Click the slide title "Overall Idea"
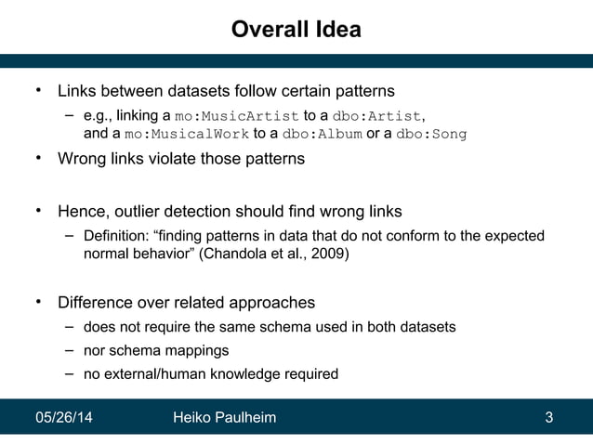pos(296,30)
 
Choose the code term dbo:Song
pos(431,134)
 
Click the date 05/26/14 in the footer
pos(63,418)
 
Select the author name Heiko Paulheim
pos(224,418)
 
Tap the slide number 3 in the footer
pos(549,418)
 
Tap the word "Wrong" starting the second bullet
pos(81,159)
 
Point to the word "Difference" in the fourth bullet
pos(96,303)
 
